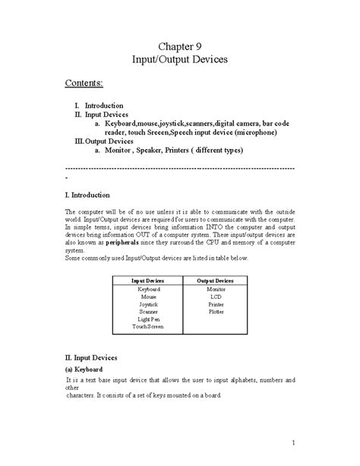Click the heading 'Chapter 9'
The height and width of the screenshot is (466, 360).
tap(180, 46)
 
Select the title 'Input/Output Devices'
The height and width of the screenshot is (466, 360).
tap(180, 59)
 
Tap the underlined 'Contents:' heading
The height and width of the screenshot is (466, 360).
tap(84, 82)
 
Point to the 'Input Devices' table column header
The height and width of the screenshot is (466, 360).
tap(148, 281)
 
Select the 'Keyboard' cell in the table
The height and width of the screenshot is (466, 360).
tap(148, 290)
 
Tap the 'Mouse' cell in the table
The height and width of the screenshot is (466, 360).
tap(148, 296)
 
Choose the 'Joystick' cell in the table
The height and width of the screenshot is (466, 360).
tap(148, 304)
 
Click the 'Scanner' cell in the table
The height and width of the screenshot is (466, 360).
tap(148, 312)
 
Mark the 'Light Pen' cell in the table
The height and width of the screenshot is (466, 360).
tap(148, 319)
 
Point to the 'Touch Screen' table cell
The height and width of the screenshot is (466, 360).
tap(148, 327)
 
